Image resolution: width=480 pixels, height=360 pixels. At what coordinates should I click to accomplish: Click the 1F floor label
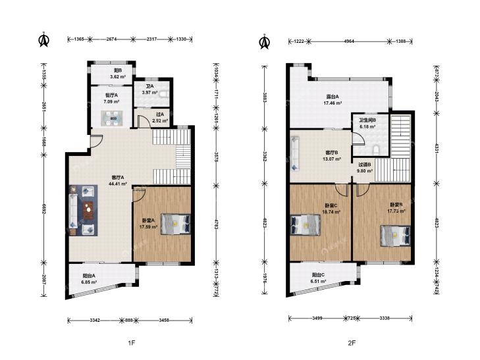[131, 343]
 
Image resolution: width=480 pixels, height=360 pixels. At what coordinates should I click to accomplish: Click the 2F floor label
[352, 343]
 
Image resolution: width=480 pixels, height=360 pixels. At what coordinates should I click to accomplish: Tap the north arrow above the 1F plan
[44, 39]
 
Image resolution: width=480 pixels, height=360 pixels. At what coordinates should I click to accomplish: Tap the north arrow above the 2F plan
[265, 41]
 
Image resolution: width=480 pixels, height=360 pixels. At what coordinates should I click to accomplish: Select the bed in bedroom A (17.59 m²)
[176, 224]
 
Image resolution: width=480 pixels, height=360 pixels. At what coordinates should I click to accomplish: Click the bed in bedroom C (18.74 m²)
[306, 225]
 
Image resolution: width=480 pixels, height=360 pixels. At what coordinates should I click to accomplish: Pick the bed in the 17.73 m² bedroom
[396, 236]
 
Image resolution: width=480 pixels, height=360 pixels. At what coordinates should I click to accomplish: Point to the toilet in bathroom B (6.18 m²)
[376, 150]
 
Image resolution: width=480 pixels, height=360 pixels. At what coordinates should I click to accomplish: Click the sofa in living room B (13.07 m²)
[295, 154]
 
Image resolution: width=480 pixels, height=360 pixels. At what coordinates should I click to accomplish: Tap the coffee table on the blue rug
[88, 210]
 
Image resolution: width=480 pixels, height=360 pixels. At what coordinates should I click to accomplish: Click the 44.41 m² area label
[118, 184]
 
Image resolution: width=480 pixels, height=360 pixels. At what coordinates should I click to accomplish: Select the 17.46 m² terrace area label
[333, 103]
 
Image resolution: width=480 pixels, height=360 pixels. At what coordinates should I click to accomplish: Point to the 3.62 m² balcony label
[118, 77]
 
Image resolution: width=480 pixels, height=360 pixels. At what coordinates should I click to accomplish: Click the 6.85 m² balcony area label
[89, 282]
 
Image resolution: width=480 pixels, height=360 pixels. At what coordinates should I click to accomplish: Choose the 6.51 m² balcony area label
[318, 281]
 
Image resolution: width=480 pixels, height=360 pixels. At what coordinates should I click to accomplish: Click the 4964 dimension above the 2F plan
[349, 41]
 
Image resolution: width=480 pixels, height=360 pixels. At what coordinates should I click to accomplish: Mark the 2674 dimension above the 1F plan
[111, 39]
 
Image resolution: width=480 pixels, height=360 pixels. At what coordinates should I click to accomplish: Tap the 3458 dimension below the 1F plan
[165, 321]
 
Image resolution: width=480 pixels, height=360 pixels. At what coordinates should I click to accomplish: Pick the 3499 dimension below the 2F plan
[317, 318]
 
